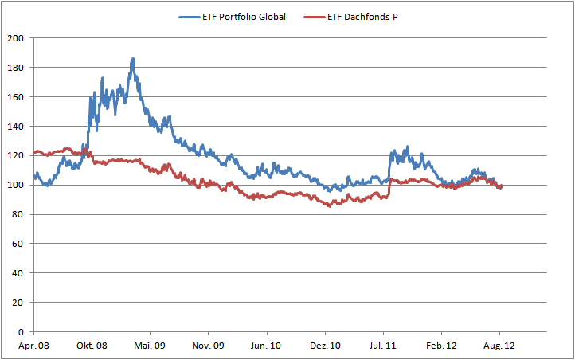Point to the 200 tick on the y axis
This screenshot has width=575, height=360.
pos(17,38)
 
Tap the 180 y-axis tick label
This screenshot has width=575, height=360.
pos(17,68)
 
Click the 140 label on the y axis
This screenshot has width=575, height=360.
pos(17,127)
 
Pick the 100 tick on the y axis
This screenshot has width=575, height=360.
pos(17,185)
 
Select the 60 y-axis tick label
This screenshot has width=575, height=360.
pos(19,244)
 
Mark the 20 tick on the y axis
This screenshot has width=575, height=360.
pos(19,303)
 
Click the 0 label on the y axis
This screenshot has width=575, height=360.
pos(22,332)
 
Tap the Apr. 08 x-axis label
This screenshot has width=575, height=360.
pos(33,346)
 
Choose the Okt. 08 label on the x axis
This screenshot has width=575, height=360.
pos(92,346)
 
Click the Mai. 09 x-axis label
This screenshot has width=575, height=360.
pos(150,346)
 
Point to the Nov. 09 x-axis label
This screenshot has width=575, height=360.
pos(208,346)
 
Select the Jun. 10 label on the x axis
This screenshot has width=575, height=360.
pos(266,346)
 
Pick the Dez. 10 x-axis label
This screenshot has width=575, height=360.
pos(325,346)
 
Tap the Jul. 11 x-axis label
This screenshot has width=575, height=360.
pos(383,346)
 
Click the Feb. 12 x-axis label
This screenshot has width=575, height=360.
pos(441,346)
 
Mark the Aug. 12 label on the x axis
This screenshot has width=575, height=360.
pos(499,346)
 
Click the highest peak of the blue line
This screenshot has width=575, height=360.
pos(132,58)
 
